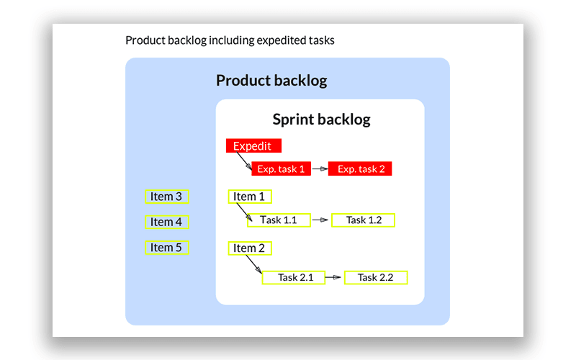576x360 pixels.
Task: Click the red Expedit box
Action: (x=253, y=146)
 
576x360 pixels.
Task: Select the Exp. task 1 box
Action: (x=280, y=169)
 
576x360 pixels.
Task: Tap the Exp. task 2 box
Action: (x=361, y=169)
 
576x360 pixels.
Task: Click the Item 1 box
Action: (x=249, y=197)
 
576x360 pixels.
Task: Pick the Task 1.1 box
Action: (x=279, y=220)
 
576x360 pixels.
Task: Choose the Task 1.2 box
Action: (x=364, y=220)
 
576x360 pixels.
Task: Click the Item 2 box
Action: (x=249, y=248)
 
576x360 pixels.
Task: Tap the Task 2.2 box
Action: (x=376, y=277)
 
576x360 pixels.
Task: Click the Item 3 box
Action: (x=167, y=197)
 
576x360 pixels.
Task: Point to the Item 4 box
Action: (x=167, y=222)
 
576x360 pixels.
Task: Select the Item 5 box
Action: (x=167, y=248)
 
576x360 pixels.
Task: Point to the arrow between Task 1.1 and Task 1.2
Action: (x=321, y=220)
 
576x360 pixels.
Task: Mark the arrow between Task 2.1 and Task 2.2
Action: (x=334, y=277)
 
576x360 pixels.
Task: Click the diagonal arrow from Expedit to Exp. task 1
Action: (x=243, y=162)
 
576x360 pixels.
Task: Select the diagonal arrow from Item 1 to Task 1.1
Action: (x=243, y=212)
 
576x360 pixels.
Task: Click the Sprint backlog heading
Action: (x=321, y=120)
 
